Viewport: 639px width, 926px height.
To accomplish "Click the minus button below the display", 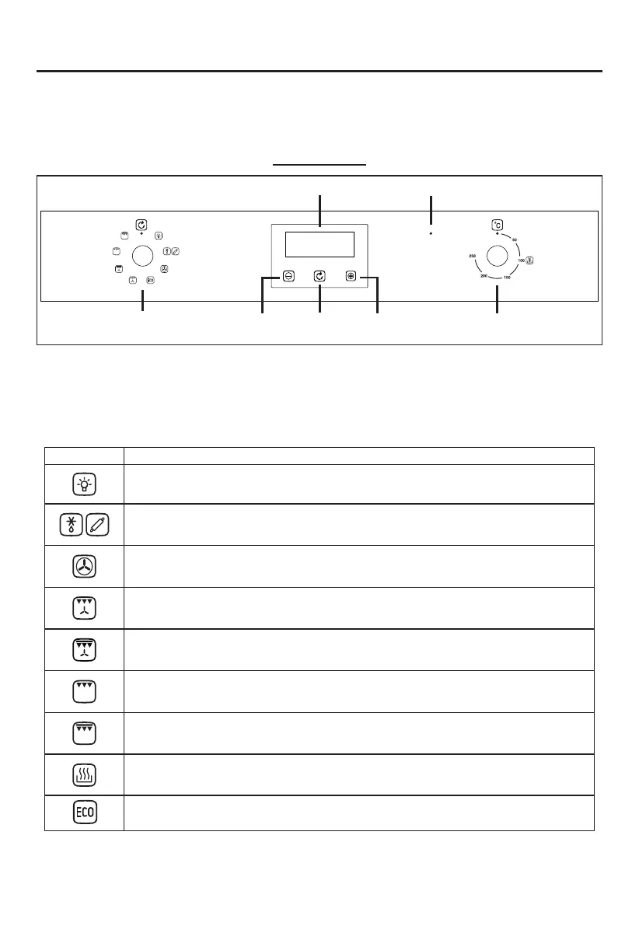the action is [x=288, y=276].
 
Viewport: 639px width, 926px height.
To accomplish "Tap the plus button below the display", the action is [x=351, y=276].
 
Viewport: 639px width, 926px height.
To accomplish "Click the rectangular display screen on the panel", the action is [x=319, y=244].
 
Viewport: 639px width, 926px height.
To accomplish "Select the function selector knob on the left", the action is [x=142, y=255].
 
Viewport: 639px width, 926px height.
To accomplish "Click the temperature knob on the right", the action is [x=498, y=255].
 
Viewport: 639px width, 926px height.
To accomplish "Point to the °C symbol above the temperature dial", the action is [x=497, y=225].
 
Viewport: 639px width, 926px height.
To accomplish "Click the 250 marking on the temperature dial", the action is [x=472, y=256].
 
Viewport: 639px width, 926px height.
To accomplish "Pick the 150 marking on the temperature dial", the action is [x=507, y=278].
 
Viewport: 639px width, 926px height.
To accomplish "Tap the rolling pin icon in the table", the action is [x=96, y=525].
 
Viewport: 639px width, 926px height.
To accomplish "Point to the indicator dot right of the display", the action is [x=431, y=232].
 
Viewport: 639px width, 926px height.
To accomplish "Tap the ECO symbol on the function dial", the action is [x=150, y=279].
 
